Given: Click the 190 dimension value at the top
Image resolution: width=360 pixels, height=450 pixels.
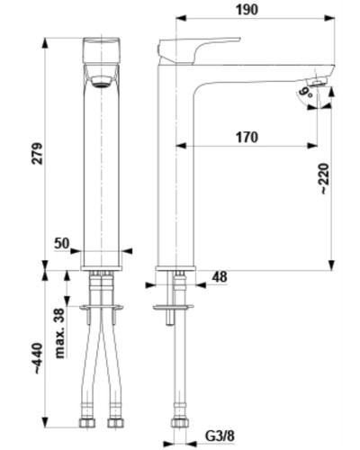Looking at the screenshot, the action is coord(247,10).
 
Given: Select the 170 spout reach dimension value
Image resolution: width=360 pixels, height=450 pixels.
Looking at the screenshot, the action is coord(247,138).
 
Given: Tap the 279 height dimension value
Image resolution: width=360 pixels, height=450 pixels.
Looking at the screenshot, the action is coord(37,153).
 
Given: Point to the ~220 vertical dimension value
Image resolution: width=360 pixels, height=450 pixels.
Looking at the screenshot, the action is coord(325,179).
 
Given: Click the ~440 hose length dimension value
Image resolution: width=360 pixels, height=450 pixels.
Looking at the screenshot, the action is coord(39,358).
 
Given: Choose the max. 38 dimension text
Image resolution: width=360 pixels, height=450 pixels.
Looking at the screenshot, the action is coord(60,333).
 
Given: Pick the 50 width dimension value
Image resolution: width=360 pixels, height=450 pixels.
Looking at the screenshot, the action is coord(62,243).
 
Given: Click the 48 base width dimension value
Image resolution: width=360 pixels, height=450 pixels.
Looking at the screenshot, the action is coord(220,277).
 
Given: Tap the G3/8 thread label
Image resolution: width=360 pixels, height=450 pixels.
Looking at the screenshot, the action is coord(220,436).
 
